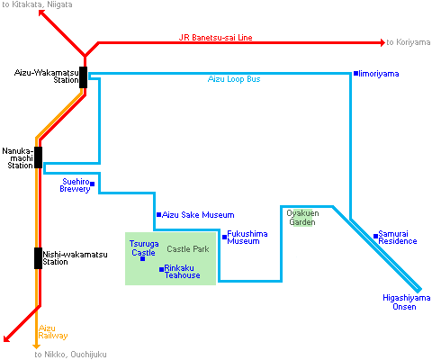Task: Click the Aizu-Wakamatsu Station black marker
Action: point(83,77)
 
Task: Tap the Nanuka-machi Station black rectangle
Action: point(38,157)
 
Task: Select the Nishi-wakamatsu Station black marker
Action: point(38,258)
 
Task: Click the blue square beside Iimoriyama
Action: point(355,73)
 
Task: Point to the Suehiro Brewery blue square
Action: point(92,184)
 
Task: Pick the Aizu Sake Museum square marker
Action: point(158,214)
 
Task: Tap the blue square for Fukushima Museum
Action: point(224,237)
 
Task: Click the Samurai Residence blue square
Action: point(375,236)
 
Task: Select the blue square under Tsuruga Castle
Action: point(143,258)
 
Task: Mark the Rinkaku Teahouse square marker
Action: point(161,269)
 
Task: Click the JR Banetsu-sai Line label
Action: point(215,38)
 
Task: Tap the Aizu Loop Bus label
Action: point(234,79)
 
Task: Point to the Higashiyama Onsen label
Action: point(406,302)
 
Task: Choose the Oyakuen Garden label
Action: point(302,218)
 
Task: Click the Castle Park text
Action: point(188,249)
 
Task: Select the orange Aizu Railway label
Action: point(53,332)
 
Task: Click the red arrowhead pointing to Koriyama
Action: point(382,42)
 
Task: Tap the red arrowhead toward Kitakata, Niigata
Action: point(42,13)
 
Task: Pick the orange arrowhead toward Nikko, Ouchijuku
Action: point(36,346)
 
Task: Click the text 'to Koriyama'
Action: point(409,42)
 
